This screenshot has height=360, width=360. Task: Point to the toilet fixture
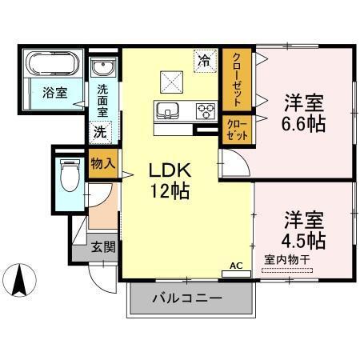coord(70,172)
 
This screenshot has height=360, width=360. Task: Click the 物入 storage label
coord(102,163)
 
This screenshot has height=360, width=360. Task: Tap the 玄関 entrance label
coord(102,247)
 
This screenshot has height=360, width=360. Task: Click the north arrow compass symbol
coord(22,279)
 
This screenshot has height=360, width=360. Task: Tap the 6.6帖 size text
coord(304,124)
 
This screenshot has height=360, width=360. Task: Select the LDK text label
coord(170,170)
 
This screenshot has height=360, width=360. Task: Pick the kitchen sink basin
coord(168,110)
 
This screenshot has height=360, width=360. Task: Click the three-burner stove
coord(204,111)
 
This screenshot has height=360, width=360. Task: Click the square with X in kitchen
coord(172,80)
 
